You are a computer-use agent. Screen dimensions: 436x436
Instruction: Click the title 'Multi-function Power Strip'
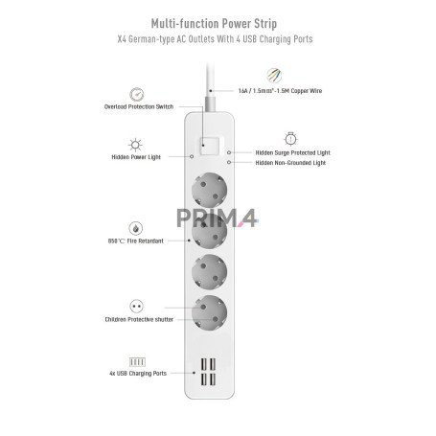click(214, 24)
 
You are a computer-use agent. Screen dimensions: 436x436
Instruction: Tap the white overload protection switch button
click(210, 147)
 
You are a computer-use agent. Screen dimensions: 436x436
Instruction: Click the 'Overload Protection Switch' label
click(139, 106)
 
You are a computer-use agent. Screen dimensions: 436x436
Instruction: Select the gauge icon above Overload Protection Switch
click(137, 94)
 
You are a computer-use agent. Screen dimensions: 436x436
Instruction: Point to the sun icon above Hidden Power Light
click(135, 145)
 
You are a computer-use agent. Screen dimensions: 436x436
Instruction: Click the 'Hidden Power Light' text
click(136, 157)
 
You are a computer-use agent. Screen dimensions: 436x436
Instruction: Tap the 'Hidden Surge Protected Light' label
click(292, 152)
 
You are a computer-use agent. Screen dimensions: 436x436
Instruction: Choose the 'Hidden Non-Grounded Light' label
click(290, 163)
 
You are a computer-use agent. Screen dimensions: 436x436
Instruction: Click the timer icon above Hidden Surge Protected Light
click(290, 139)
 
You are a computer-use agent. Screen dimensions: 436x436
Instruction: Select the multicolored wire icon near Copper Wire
click(274, 76)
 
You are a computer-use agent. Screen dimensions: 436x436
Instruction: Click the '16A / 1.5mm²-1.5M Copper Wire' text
click(280, 91)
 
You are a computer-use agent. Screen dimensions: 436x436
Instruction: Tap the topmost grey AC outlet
click(210, 191)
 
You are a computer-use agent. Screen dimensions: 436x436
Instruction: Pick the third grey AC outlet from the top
click(210, 272)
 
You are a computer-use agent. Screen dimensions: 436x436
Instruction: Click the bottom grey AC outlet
click(210, 312)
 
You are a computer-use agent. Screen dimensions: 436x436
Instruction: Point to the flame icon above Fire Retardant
click(136, 228)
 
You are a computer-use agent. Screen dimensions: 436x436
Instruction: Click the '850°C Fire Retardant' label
click(136, 241)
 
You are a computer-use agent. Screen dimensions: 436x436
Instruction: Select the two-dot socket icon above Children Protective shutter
click(137, 307)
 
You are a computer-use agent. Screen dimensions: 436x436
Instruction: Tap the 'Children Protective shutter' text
click(139, 319)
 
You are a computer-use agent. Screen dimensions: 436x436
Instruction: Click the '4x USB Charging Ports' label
click(138, 374)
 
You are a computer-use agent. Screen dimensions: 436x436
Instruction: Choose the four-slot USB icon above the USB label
click(137, 362)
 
